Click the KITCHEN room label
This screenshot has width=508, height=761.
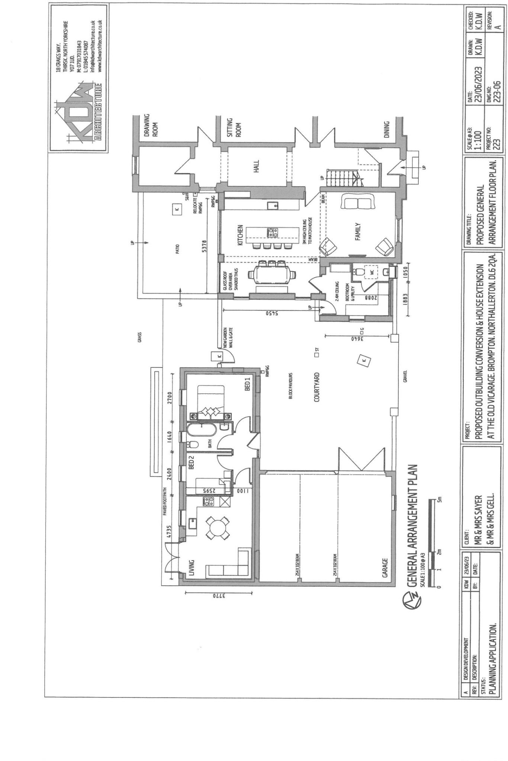240,234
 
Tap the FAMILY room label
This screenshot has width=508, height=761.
358,231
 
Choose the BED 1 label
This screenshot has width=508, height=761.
247,383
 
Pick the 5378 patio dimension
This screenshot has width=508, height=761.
204,246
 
